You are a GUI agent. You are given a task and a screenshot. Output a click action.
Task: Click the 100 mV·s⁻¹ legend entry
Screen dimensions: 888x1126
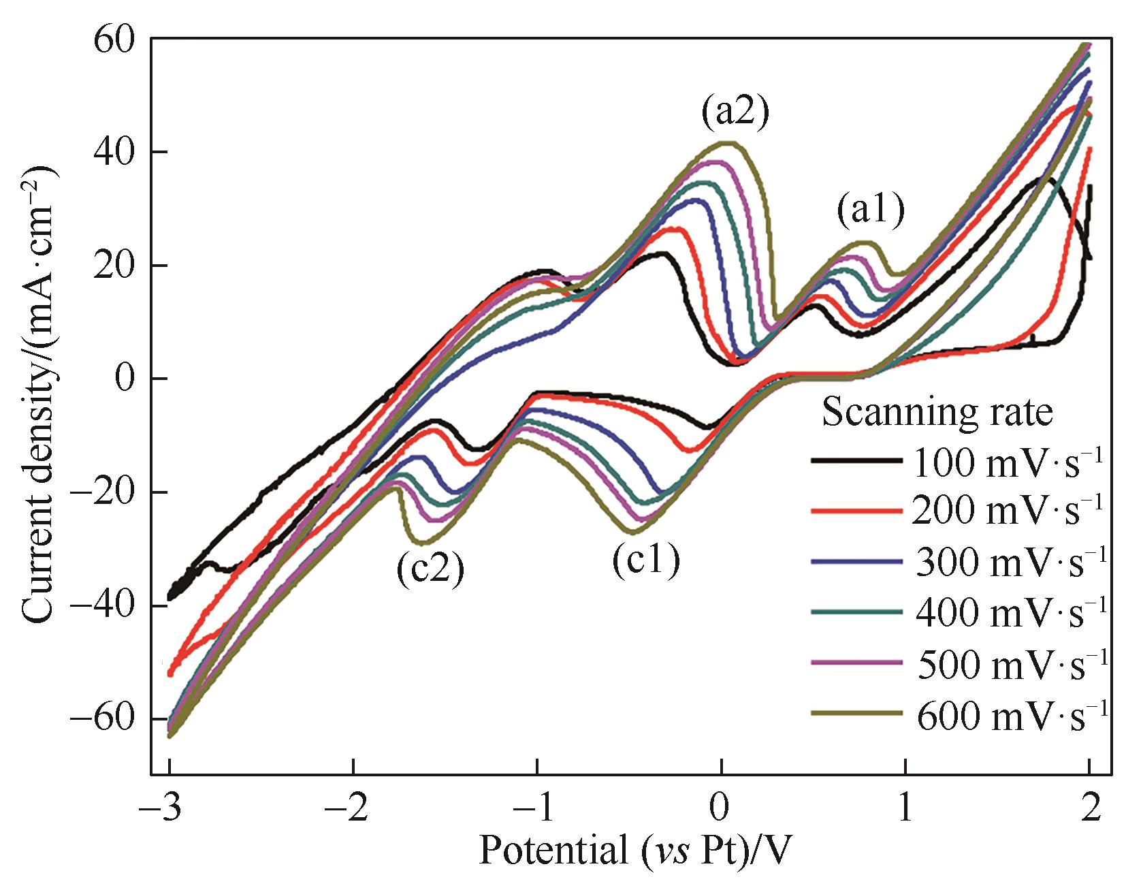(956, 462)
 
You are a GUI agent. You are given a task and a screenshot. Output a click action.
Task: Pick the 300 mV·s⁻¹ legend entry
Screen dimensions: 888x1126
(956, 560)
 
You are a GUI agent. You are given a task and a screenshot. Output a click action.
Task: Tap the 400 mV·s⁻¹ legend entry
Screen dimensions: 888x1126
(956, 611)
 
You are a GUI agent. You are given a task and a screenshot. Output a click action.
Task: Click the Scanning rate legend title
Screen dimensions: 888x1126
(937, 412)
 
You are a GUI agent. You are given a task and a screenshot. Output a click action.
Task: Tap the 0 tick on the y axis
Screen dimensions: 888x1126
(125, 379)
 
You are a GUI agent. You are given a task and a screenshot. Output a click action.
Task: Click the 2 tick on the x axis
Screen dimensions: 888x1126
(1090, 808)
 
